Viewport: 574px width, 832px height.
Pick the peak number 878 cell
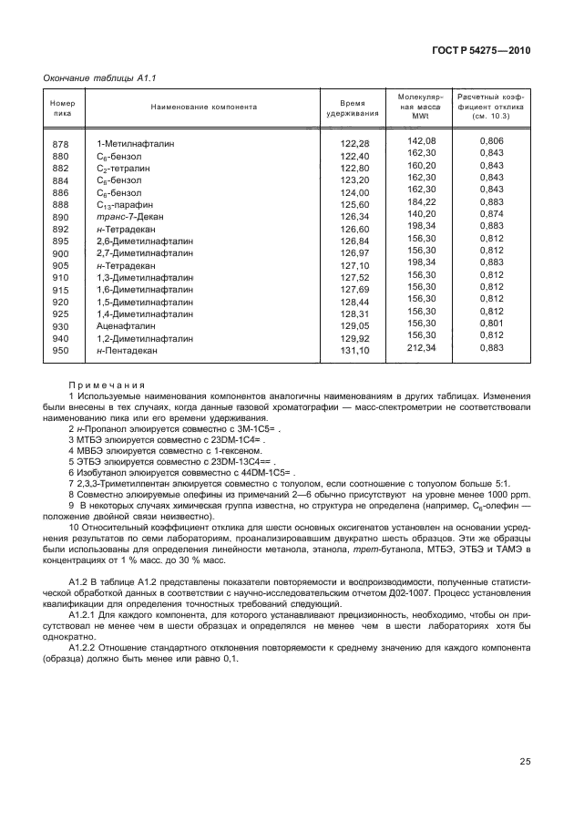(x=61, y=145)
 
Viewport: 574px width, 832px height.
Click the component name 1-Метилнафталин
(x=135, y=145)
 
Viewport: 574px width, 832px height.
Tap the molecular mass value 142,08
(x=422, y=140)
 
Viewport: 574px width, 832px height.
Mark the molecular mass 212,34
(x=422, y=346)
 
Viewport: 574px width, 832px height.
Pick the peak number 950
(x=61, y=350)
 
